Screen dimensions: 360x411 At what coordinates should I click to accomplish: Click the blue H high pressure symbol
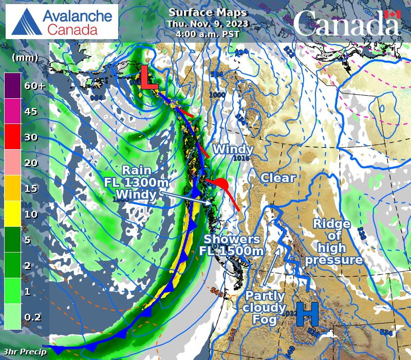pos(307,314)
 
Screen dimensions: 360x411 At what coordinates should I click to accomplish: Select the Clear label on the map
pos(278,178)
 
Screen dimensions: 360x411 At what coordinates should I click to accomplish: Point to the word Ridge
pos(332,224)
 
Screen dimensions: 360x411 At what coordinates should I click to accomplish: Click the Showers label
pos(232,239)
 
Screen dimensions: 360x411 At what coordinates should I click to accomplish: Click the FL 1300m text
pos(136,182)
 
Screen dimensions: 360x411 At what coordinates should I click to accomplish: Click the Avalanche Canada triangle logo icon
pos(25,21)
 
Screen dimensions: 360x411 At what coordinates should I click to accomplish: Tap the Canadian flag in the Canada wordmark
pos(393,15)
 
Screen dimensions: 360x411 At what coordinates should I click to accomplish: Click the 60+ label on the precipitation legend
pos(35,86)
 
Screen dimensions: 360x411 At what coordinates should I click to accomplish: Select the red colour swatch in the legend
pos(12,138)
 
